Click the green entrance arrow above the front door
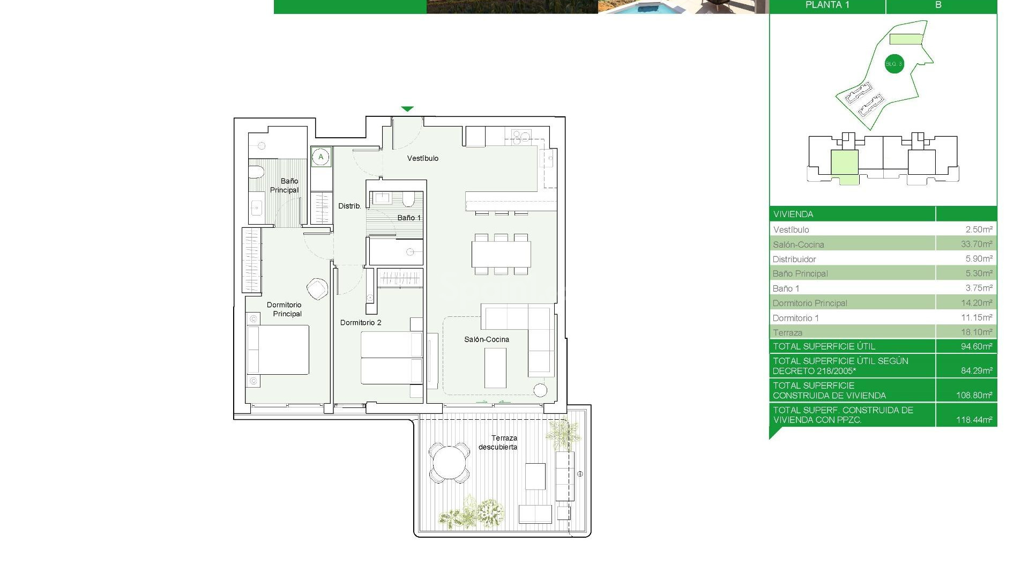tap(407, 109)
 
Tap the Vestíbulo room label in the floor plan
tap(422, 158)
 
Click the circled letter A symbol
tap(321, 157)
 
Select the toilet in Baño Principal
tap(257, 173)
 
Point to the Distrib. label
tap(349, 206)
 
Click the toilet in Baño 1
tap(408, 199)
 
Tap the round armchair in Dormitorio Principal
tap(317, 289)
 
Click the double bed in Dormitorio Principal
tap(279, 350)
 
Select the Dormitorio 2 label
tap(361, 322)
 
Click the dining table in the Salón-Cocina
tap(501, 254)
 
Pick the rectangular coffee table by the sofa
tap(495, 368)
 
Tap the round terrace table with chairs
tap(449, 463)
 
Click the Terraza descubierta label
tap(498, 442)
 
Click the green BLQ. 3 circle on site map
tap(894, 64)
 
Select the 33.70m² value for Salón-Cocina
tap(976, 244)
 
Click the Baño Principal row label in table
tap(800, 273)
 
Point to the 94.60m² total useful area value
tap(976, 346)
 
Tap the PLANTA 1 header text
tap(827, 5)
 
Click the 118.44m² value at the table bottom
tap(974, 420)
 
